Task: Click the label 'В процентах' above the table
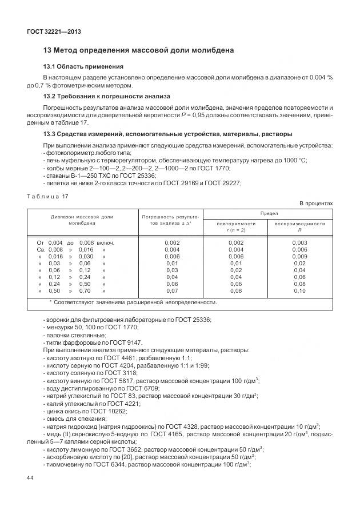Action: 316,204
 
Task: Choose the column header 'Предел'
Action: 269,213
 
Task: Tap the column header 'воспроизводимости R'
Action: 299,226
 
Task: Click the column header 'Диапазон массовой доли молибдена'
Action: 82,220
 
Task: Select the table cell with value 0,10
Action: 299,291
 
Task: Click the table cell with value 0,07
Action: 172,291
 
